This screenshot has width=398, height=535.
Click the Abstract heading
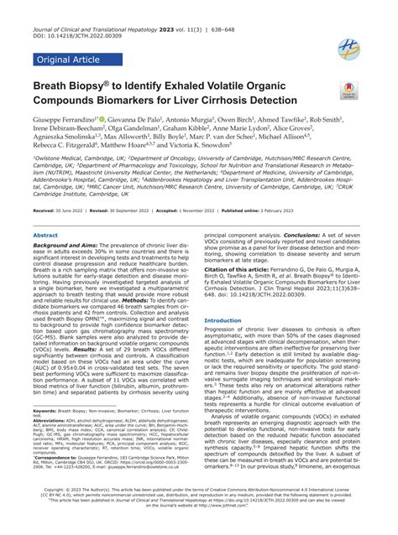tap(45, 236)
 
